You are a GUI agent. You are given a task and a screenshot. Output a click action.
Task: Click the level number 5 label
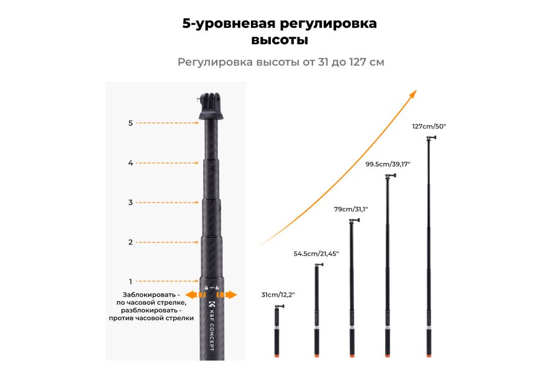[x=130, y=123]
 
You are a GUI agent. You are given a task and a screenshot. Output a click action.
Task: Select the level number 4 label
[x=130, y=163]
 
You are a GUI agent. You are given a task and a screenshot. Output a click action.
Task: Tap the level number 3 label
[x=130, y=202]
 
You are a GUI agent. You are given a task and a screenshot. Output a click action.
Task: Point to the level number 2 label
[x=130, y=242]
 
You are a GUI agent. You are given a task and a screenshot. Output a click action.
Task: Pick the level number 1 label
[x=130, y=281]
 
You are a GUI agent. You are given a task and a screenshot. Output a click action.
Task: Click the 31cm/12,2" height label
[x=278, y=294]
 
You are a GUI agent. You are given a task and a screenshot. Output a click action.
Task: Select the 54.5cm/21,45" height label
[x=317, y=254]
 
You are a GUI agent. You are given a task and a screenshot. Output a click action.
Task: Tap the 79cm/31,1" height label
[x=351, y=210]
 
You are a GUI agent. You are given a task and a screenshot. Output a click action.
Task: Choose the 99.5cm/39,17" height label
[x=388, y=164]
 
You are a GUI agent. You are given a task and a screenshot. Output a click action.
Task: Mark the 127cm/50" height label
[x=429, y=126]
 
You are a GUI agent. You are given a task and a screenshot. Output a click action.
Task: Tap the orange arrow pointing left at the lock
[x=192, y=295]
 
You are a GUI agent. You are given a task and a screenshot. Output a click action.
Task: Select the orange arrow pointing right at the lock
[x=230, y=295]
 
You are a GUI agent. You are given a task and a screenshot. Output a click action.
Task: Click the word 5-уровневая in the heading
[x=227, y=24]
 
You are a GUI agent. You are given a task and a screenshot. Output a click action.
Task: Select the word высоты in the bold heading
[x=279, y=40]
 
